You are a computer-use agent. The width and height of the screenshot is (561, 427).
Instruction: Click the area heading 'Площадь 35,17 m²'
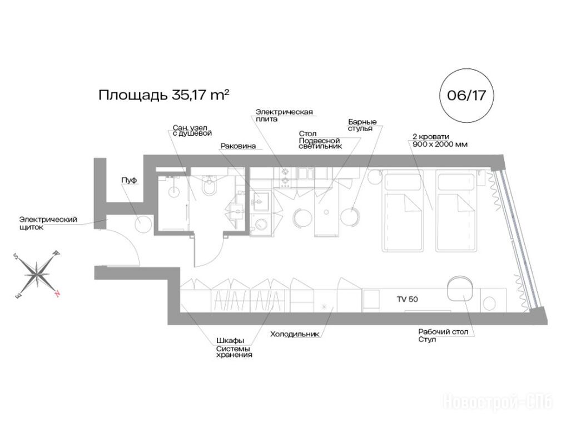[163, 95]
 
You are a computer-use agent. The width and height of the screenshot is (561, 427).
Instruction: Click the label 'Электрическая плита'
[284, 115]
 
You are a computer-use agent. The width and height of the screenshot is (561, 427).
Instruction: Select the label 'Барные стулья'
[362, 125]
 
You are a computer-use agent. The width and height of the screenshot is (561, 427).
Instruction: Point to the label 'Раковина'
[239, 146]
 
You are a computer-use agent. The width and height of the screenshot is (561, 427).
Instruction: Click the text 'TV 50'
[407, 299]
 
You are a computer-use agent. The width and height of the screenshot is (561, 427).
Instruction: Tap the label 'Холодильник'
[295, 334]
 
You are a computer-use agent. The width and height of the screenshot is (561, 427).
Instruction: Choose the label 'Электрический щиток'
[48, 223]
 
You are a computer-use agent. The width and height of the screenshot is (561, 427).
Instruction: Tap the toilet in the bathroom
[208, 185]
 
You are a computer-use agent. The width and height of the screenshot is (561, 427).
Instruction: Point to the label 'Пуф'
[129, 180]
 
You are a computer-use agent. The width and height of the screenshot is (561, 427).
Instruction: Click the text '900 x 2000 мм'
[440, 145]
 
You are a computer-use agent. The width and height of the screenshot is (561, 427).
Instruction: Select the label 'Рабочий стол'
[443, 332]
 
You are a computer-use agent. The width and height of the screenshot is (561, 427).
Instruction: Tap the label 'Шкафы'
[230, 341]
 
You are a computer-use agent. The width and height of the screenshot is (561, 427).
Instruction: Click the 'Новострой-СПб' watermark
[498, 403]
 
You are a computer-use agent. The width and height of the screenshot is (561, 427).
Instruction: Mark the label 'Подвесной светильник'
[320, 143]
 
